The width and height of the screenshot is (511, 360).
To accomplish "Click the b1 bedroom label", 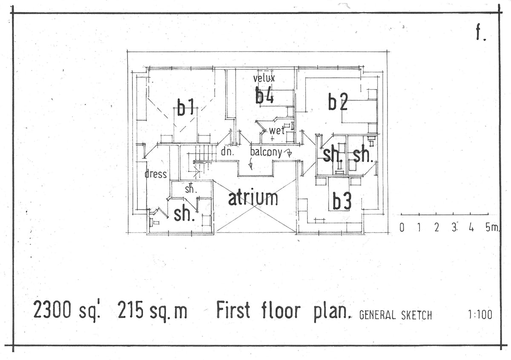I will pos(185,107).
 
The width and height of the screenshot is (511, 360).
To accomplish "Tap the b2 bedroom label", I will pos(338,102).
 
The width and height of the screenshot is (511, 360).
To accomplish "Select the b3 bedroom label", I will pos(342,201).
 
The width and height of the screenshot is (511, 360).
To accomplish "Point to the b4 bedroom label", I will pos(264,95).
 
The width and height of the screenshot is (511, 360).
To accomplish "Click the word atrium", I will pos(253,198).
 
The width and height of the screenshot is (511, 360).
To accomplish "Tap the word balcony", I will pos(266,152).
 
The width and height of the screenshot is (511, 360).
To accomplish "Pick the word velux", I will pos(264,78).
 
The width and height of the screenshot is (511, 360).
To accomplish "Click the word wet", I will pos(276,131).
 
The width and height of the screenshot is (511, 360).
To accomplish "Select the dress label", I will pos(156,174).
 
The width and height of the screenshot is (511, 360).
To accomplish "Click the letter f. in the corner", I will pos(480,33).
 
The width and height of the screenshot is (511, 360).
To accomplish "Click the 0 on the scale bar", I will pos(402,228).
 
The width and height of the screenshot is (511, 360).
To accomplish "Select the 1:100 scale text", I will pos(479,315).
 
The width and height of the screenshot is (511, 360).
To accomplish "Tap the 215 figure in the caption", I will pos(131,311).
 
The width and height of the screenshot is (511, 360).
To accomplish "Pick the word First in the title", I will pos(233,310).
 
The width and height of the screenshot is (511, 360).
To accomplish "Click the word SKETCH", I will pos(416,315).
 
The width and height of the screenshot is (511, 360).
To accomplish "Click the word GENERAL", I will pos(378,315).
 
